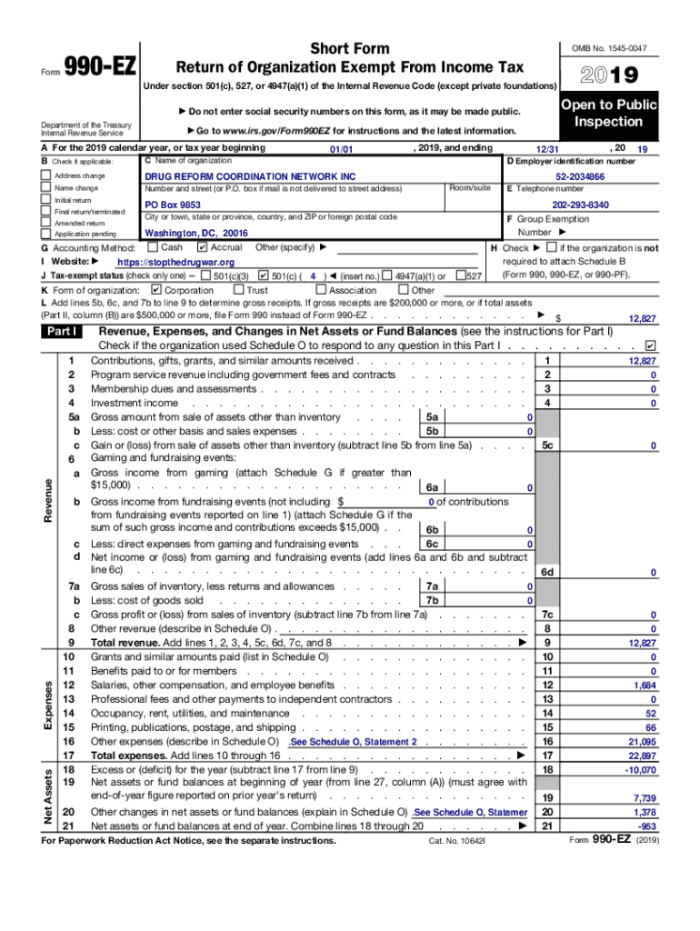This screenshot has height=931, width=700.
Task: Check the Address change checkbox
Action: pyautogui.click(x=45, y=175)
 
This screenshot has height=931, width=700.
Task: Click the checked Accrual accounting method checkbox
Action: pyautogui.click(x=202, y=247)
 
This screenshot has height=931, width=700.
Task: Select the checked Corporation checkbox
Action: pyautogui.click(x=155, y=290)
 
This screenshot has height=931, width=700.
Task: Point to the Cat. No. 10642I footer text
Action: pyautogui.click(x=458, y=841)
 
